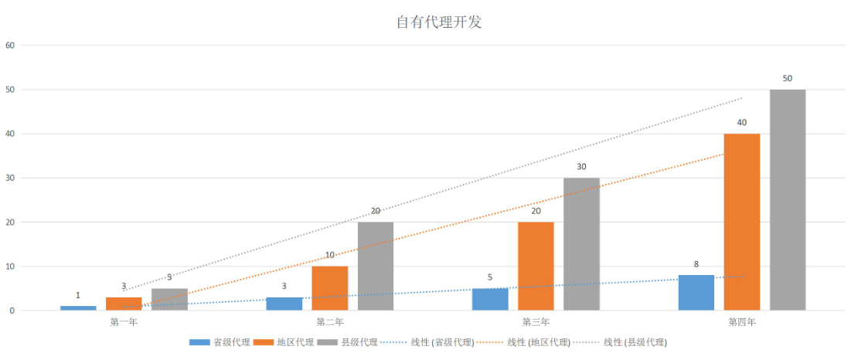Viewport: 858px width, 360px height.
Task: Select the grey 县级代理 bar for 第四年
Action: pyautogui.click(x=788, y=200)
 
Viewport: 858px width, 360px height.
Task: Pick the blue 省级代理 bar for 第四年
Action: pyautogui.click(x=696, y=293)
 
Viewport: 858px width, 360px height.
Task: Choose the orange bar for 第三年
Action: pyautogui.click(x=536, y=267)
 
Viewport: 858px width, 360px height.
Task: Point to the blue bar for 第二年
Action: pyautogui.click(x=284, y=304)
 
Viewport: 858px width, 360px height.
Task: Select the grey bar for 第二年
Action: pyautogui.click(x=376, y=267)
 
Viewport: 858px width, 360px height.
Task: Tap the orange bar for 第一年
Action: pyautogui.click(x=124, y=304)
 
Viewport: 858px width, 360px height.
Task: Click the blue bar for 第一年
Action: pyautogui.click(x=78, y=308)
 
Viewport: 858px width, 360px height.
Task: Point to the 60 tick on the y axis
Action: pyautogui.click(x=10, y=45)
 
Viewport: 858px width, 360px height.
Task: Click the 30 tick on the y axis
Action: pyautogui.click(x=10, y=178)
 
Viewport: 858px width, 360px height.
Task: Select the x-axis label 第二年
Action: pyautogui.click(x=330, y=321)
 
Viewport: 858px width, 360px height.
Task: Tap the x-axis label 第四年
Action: pyautogui.click(x=742, y=321)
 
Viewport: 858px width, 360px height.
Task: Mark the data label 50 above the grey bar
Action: pyautogui.click(x=788, y=79)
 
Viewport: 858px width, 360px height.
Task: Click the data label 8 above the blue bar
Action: pyautogui.click(x=696, y=264)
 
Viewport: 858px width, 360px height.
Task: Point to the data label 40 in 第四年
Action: pyautogui.click(x=742, y=123)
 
